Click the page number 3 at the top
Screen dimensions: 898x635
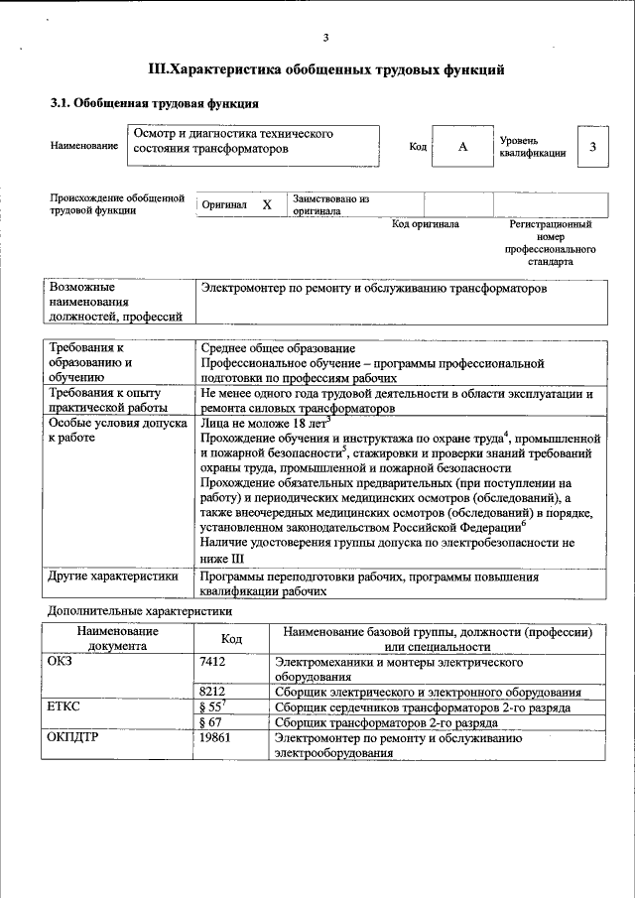tap(325, 39)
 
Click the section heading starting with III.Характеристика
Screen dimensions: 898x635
tap(325, 69)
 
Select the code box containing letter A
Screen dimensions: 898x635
tap(462, 147)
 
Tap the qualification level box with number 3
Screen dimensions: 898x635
tap(592, 147)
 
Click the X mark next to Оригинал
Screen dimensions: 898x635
tap(266, 204)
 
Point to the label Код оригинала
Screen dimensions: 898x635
tap(425, 224)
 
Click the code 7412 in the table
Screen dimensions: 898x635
tap(214, 660)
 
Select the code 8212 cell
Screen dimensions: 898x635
tap(214, 692)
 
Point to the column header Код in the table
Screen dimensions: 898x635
tap(231, 639)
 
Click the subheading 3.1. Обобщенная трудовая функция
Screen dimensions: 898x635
tap(155, 102)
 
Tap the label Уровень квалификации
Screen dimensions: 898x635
tap(533, 148)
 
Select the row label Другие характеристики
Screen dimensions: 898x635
tap(113, 576)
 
